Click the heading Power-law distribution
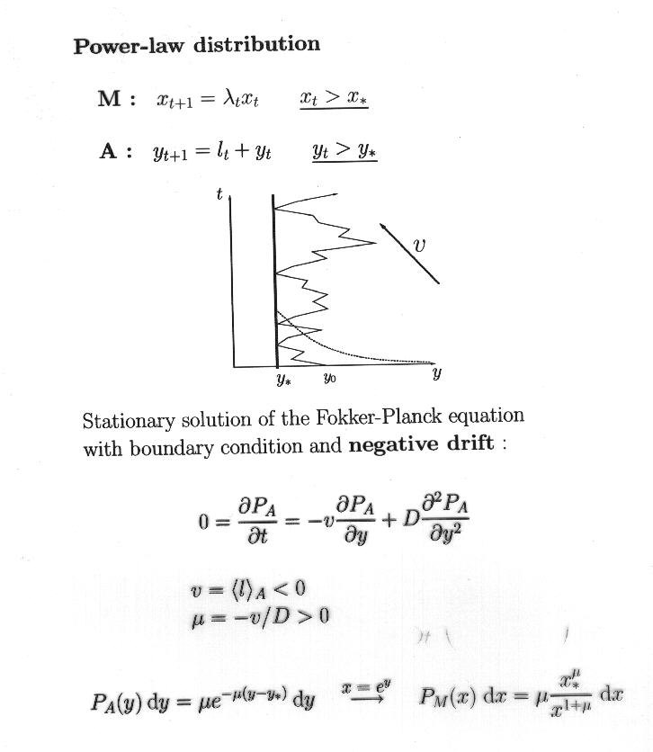coord(196,45)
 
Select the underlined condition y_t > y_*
coord(344,152)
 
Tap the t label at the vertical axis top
coord(219,194)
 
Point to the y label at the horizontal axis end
coord(436,372)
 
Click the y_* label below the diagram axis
coord(284,380)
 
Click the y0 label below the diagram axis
coord(329,380)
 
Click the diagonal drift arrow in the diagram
coord(409,253)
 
